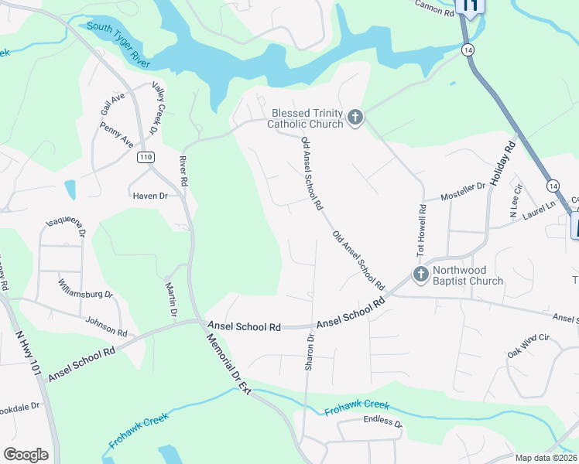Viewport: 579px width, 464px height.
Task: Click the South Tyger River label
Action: (x=118, y=44)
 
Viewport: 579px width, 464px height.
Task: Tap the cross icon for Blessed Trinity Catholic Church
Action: (x=355, y=118)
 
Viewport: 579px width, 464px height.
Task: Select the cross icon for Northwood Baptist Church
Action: (x=420, y=275)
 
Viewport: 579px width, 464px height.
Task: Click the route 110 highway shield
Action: (x=146, y=158)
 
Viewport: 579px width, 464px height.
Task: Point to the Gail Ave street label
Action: (x=112, y=104)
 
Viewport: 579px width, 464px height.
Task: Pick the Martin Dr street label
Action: (x=171, y=299)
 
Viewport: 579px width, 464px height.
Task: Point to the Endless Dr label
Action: (x=383, y=423)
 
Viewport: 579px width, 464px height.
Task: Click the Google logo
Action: (x=26, y=455)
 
